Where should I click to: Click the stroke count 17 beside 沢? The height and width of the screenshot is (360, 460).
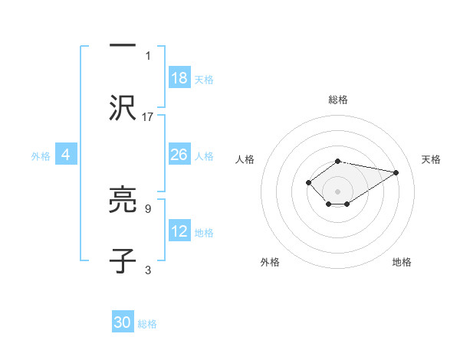pyautogui.click(x=148, y=116)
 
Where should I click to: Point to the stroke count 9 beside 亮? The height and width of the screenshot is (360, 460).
pyautogui.click(x=148, y=208)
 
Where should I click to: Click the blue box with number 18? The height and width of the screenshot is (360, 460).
pyautogui.click(x=179, y=78)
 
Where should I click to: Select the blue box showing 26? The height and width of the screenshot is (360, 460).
pyautogui.click(x=179, y=155)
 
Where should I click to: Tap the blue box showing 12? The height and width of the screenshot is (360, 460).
pyautogui.click(x=179, y=231)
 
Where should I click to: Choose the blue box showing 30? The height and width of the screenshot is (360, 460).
pyautogui.click(x=123, y=322)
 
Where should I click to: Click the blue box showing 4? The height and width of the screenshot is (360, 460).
pyautogui.click(x=66, y=155)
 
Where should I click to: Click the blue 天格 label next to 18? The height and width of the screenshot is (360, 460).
pyautogui.click(x=204, y=80)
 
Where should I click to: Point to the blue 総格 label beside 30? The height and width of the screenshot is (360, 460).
pyautogui.click(x=147, y=324)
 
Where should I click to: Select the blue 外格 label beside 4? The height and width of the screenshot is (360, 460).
pyautogui.click(x=41, y=156)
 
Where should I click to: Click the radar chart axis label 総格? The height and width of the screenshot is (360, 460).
pyautogui.click(x=338, y=100)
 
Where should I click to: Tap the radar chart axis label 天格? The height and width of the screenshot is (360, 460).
pyautogui.click(x=432, y=159)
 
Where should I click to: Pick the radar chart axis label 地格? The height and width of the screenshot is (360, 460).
pyautogui.click(x=402, y=262)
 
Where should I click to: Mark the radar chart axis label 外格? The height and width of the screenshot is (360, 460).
pyautogui.click(x=270, y=262)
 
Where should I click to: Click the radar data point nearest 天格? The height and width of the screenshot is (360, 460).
pyautogui.click(x=396, y=172)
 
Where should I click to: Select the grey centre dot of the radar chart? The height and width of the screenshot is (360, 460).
pyautogui.click(x=337, y=191)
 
